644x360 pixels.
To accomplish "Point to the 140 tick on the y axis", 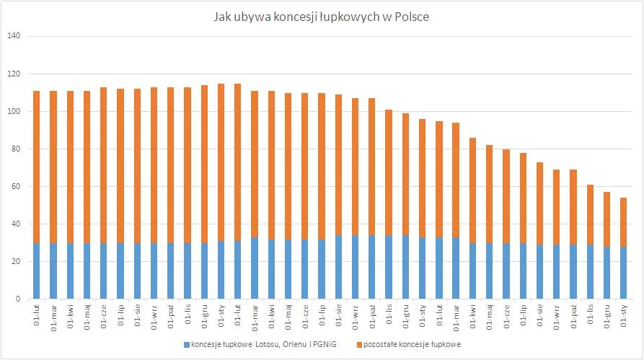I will [x=14, y=36].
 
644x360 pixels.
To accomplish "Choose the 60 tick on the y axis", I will [x=17, y=186].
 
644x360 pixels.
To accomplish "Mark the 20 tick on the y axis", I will [x=17, y=261].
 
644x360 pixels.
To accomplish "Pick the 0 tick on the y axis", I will [x=19, y=299].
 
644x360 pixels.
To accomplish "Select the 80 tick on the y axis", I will [x=17, y=149].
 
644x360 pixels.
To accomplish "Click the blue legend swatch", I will [x=186, y=343].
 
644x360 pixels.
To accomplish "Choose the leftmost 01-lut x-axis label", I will [x=36, y=316].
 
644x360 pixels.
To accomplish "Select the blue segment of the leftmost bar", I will [x=36, y=271].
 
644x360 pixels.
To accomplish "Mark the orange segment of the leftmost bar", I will [x=36, y=166].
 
